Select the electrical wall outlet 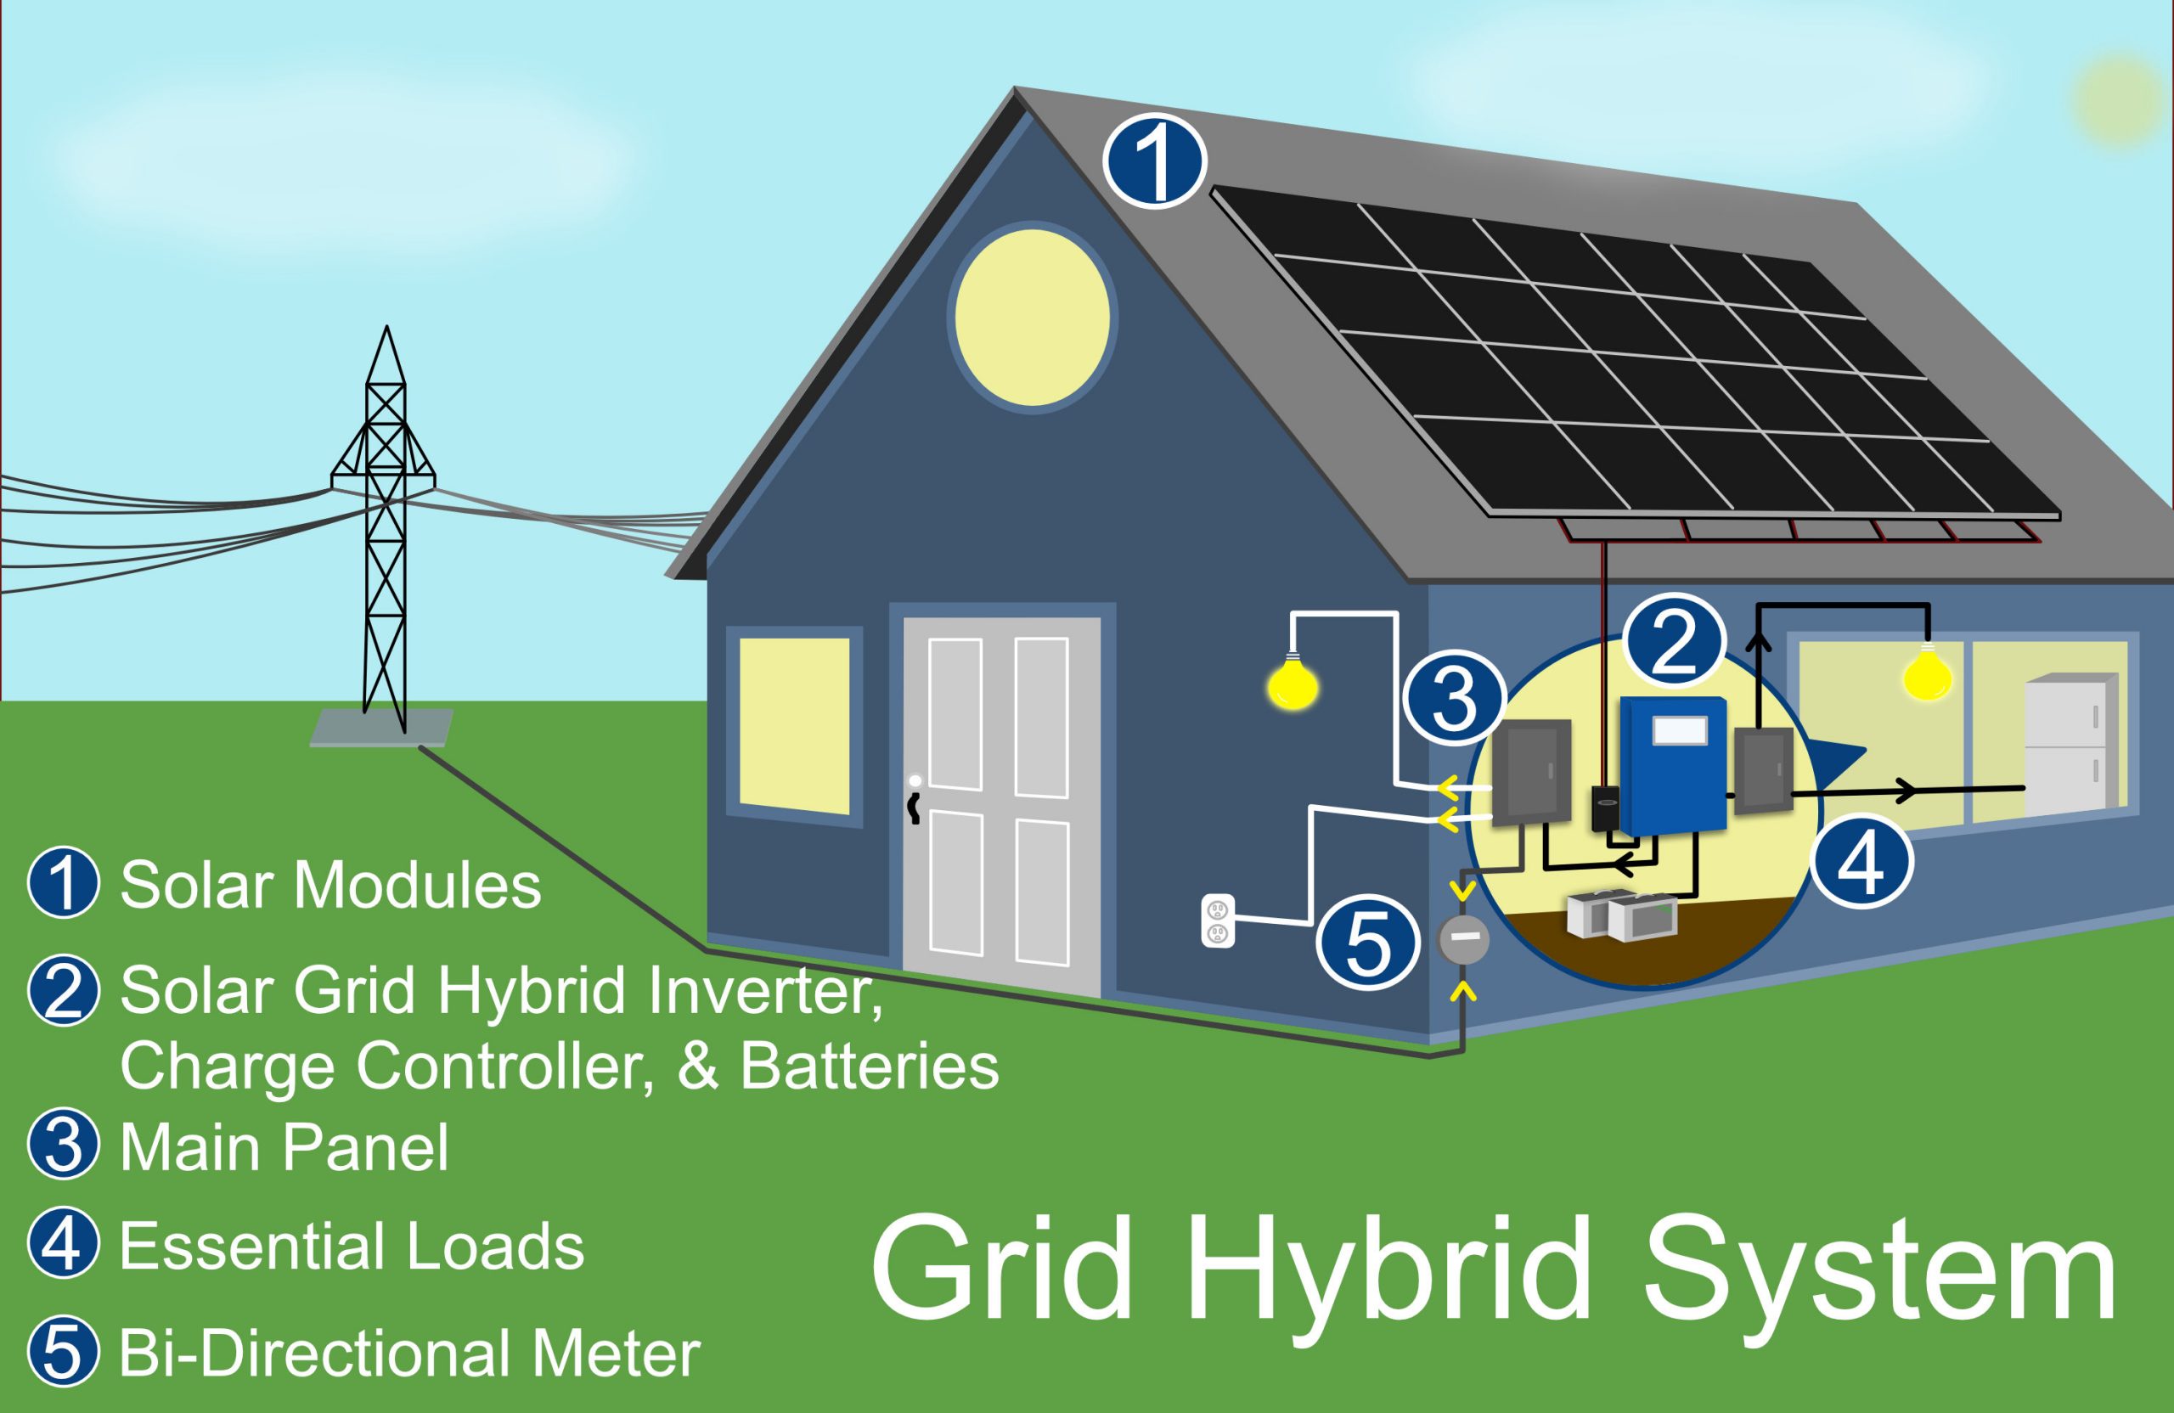1217,920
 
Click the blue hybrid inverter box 1672,765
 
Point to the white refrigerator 2070,745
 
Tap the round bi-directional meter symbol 1464,937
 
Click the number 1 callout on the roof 1155,161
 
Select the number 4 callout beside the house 1862,861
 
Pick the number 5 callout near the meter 1367,943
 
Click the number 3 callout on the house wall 1454,697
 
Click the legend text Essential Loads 352,1246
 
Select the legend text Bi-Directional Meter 409,1354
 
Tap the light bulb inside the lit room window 1927,675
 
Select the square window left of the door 794,725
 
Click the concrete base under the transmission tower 382,728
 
